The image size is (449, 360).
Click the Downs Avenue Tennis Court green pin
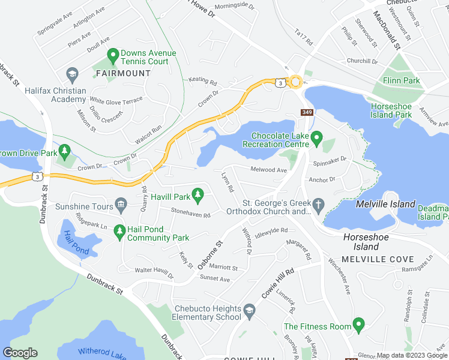pyautogui.click(x=112, y=56)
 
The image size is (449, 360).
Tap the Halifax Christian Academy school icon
pyautogui.click(x=73, y=74)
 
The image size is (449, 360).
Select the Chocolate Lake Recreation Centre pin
pyautogui.click(x=317, y=139)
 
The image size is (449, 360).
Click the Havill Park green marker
pyautogui.click(x=200, y=194)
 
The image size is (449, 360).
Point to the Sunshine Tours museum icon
pyautogui.click(x=122, y=206)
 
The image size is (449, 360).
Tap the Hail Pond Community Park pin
pyautogui.click(x=119, y=230)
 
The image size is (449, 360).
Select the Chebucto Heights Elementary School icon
pyautogui.click(x=250, y=311)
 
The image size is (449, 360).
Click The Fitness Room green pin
pyautogui.click(x=359, y=325)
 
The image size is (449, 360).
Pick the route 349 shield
pyautogui.click(x=307, y=112)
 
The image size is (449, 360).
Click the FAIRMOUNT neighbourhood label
pyautogui.click(x=123, y=73)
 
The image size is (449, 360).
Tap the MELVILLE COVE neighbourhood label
pyautogui.click(x=378, y=259)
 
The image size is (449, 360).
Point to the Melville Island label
pyautogui.click(x=385, y=204)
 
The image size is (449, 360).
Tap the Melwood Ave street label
pyautogui.click(x=269, y=170)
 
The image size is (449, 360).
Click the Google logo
pyautogui.click(x=20, y=353)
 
